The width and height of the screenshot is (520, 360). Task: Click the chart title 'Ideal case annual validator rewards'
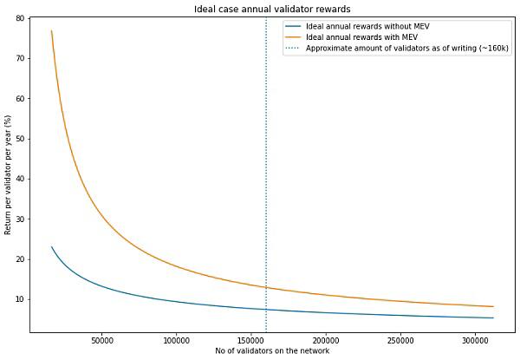[x=272, y=9]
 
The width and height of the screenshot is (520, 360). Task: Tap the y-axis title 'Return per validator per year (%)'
[x=8, y=175]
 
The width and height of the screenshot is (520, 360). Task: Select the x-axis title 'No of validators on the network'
[x=272, y=350]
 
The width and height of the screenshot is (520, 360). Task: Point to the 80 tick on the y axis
[x=20, y=18]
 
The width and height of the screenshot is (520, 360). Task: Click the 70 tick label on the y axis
[x=20, y=58]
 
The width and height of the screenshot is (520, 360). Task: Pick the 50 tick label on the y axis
[x=20, y=139]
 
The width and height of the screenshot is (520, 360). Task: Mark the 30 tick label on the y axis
[x=20, y=219]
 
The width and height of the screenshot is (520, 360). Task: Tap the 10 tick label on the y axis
[x=20, y=299]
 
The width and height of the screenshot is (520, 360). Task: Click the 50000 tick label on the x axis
[x=101, y=341]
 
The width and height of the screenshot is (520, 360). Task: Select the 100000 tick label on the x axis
[x=176, y=341]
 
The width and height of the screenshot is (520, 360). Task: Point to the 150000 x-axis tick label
[x=251, y=341]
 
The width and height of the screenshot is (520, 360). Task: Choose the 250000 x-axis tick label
[x=400, y=341]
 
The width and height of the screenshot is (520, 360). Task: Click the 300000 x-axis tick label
[x=476, y=341]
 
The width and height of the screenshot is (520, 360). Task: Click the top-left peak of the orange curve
[x=51, y=30]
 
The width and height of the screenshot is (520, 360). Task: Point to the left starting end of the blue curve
[x=51, y=246]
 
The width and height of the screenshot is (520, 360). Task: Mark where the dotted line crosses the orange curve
[x=266, y=287]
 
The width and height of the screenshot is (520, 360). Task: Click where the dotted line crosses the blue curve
[x=266, y=310]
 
